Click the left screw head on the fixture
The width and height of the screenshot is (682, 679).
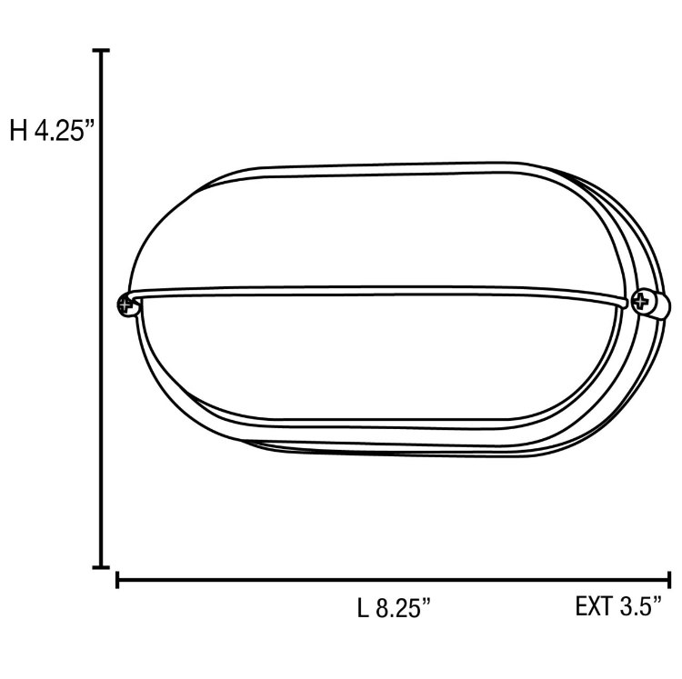pos(126,305)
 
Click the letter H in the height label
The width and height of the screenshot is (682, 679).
pos(18,131)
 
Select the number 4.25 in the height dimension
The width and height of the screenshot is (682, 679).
pos(58,131)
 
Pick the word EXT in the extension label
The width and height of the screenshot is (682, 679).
pos(595,607)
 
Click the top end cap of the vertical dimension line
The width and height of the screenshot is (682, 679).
pos(102,52)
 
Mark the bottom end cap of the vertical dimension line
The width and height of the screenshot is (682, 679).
pos(102,566)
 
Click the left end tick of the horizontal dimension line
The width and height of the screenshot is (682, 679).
pos(118,580)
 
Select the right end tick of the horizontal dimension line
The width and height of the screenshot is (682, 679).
pos(669,580)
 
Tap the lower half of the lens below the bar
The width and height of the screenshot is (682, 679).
pos(382,364)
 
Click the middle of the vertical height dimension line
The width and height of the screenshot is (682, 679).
pos(102,309)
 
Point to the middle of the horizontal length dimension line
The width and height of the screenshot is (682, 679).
pos(394,580)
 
